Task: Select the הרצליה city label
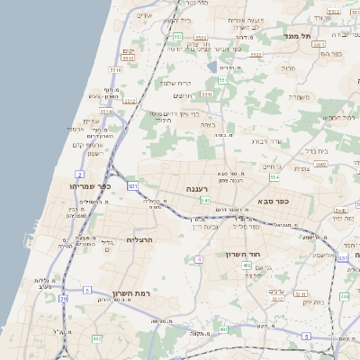[142, 239]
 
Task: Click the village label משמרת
[296, 96]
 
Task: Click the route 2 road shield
[79, 173]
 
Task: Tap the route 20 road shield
[63, 297]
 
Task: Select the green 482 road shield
[97, 338]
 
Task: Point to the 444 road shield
[345, 296]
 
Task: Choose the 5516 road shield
[115, 69]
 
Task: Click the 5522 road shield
[256, 55]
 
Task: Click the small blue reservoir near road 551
[211, 66]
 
